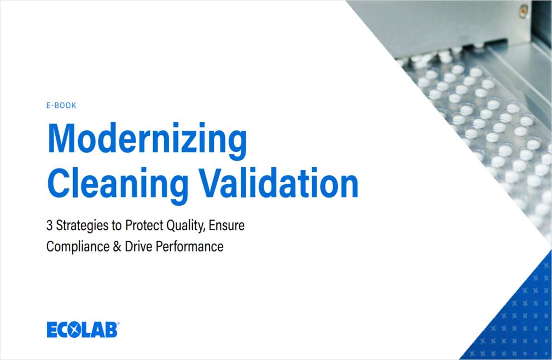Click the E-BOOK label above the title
61,105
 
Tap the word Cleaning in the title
118,184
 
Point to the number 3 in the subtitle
49,226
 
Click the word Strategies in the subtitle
76,226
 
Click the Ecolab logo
82,330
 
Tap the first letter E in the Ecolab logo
52,330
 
